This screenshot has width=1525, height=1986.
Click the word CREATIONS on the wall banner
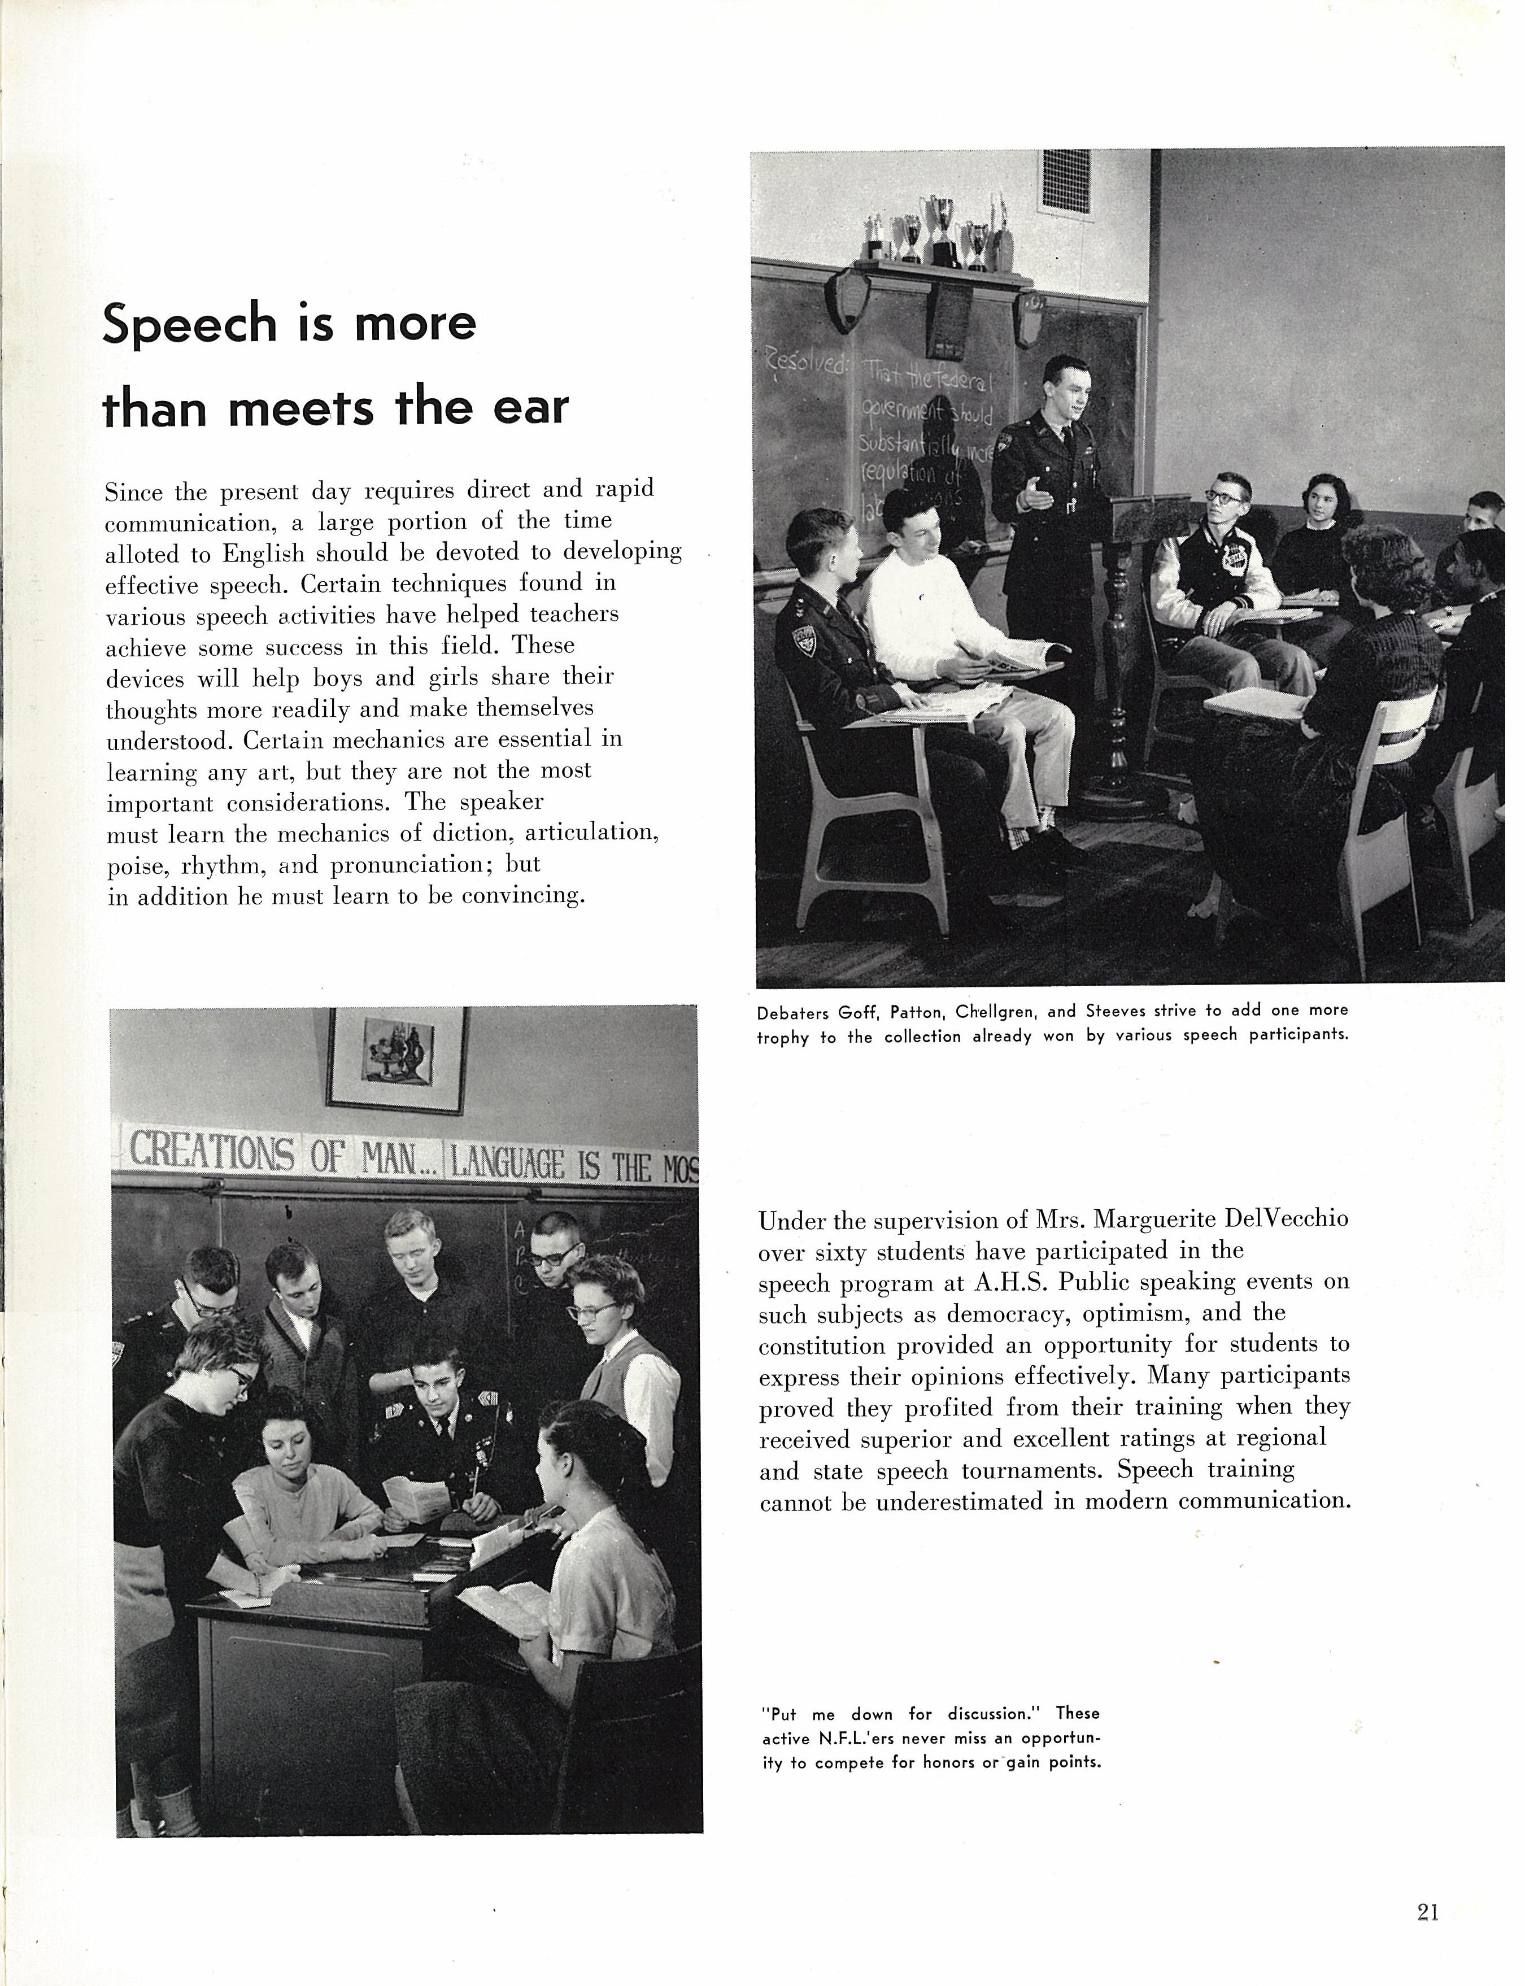(211, 1153)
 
